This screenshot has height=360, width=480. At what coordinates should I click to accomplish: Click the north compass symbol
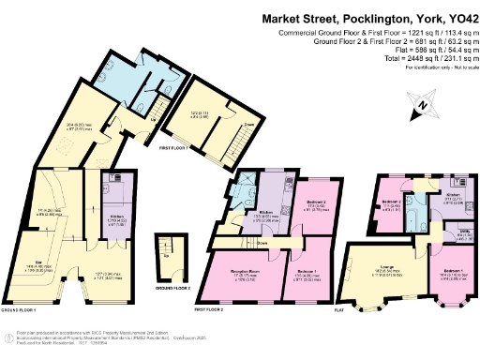(x=425, y=102)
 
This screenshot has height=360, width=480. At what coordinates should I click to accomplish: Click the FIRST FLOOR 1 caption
(x=175, y=147)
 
